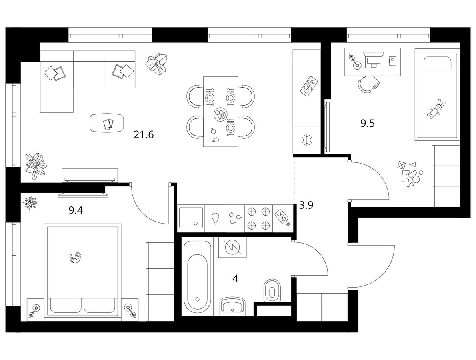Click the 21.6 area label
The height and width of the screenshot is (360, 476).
point(144,134)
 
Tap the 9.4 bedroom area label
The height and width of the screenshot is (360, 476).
point(76,210)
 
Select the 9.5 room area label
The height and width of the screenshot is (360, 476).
point(368,124)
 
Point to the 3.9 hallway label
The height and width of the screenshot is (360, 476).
point(306,206)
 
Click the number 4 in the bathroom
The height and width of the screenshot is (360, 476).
point(235,278)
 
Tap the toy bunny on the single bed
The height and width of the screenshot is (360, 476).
point(436,108)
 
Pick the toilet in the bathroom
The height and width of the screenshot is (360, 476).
point(273,290)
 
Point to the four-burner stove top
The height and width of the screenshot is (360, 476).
point(259,218)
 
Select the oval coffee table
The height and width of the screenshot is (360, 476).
point(107,123)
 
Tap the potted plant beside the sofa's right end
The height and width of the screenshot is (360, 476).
point(156,64)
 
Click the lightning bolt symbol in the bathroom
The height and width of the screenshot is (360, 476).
point(232,247)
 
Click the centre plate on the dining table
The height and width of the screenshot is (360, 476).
point(220,114)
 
